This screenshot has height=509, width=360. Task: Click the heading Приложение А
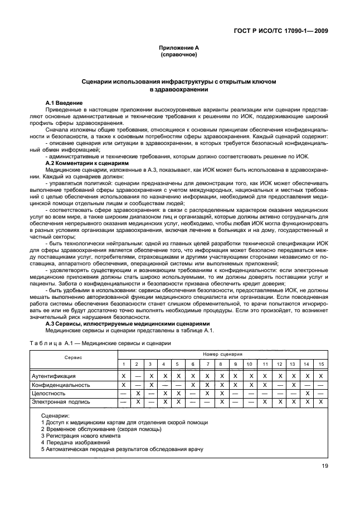point(179,49)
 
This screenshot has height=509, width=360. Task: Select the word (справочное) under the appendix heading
point(179,55)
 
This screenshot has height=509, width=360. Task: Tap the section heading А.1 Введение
point(64,104)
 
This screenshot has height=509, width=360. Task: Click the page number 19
point(324,467)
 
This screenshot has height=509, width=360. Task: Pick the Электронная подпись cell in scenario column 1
point(123,401)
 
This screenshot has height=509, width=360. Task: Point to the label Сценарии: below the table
point(56,416)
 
